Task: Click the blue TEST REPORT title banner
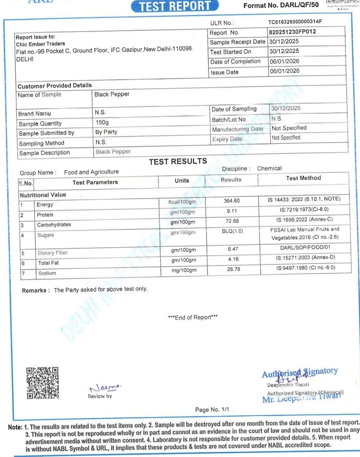pyautogui.click(x=175, y=6)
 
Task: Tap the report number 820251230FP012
pyautogui.click(x=293, y=32)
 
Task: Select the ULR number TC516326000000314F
pyautogui.click(x=295, y=22)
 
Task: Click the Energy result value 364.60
pyautogui.click(x=232, y=201)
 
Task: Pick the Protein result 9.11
pyautogui.click(x=232, y=211)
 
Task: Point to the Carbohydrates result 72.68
pyautogui.click(x=232, y=221)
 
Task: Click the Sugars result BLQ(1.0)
pyautogui.click(x=233, y=231)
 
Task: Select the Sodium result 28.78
pyautogui.click(x=234, y=269)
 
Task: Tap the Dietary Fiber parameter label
pyautogui.click(x=53, y=253)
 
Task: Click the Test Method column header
pyautogui.click(x=304, y=178)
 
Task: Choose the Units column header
pyautogui.click(x=182, y=181)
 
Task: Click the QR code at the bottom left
pyautogui.click(x=42, y=383)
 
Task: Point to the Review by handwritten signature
pyautogui.click(x=105, y=388)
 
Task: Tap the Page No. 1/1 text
pyautogui.click(x=212, y=409)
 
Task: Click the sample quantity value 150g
pyautogui.click(x=102, y=122)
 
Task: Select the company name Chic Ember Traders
pyautogui.click(x=40, y=44)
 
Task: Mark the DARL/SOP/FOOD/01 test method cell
pyautogui.click(x=305, y=248)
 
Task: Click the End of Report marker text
pyautogui.click(x=193, y=317)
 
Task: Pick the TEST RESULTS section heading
pyautogui.click(x=178, y=162)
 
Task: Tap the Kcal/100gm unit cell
pyautogui.click(x=182, y=202)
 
